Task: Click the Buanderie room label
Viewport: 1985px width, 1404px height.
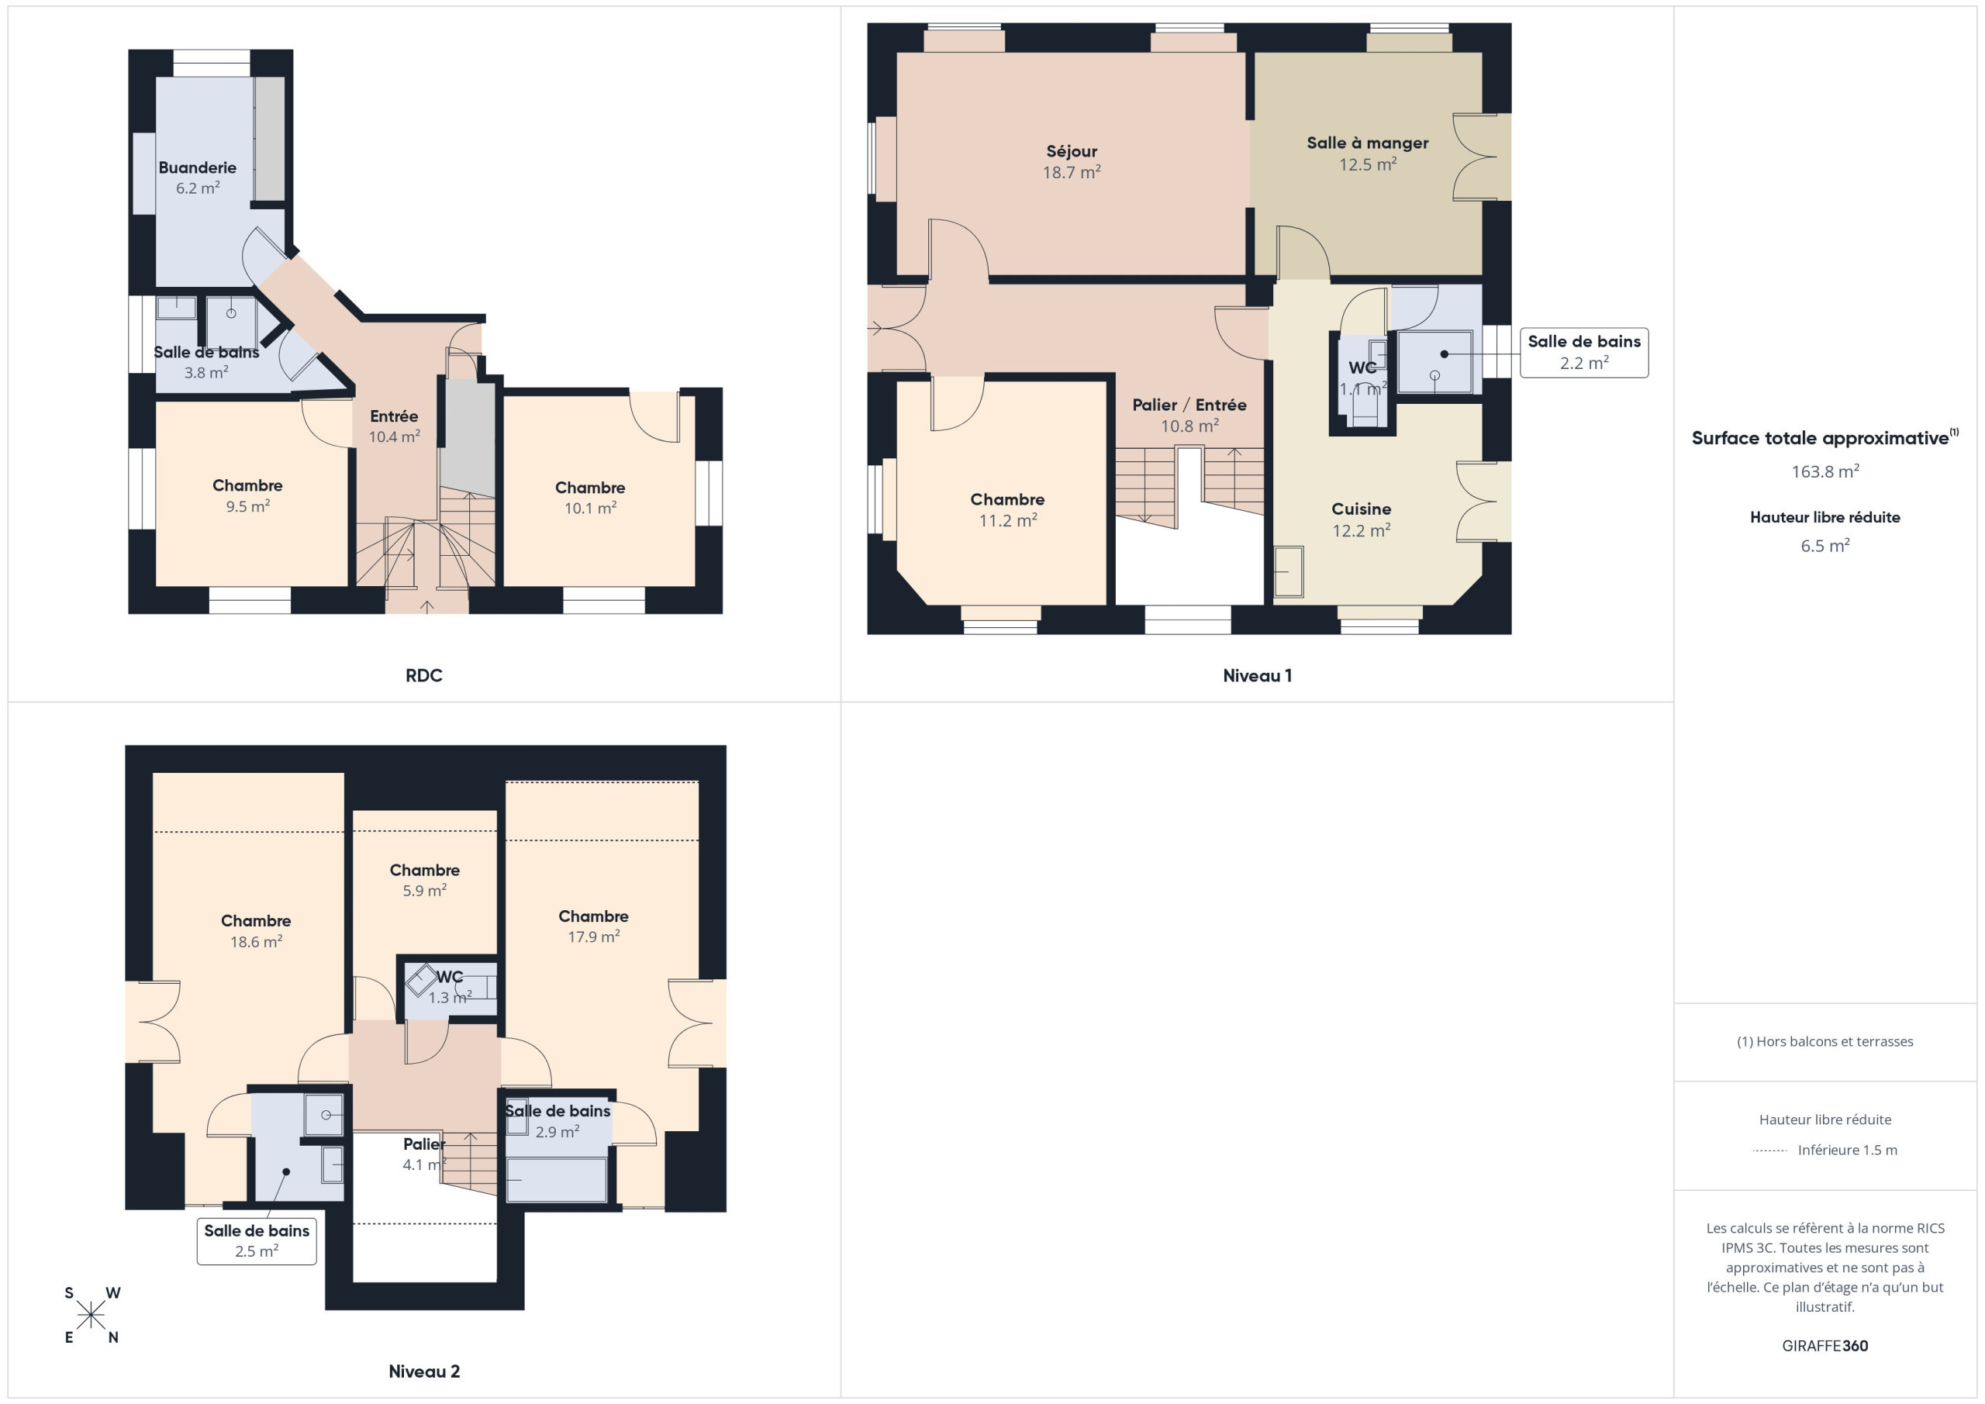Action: point(197,178)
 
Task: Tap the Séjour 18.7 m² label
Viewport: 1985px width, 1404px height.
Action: point(1071,162)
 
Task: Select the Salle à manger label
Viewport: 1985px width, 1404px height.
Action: point(1367,153)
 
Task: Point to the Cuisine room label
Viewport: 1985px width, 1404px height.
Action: point(1361,519)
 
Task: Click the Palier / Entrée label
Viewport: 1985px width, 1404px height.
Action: point(1189,415)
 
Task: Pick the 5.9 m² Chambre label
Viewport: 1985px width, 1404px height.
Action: point(424,880)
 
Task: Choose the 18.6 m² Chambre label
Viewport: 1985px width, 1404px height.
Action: point(256,931)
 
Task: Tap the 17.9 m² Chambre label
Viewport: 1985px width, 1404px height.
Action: point(593,926)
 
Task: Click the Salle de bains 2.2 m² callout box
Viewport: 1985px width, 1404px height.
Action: point(1584,352)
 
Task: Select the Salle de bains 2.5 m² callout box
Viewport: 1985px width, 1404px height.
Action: point(257,1240)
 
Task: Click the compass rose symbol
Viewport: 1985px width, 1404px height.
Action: point(91,1316)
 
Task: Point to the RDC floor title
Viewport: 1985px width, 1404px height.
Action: point(423,675)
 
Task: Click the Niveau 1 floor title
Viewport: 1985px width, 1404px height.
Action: point(1257,675)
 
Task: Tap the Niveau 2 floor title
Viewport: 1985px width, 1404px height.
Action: point(423,1371)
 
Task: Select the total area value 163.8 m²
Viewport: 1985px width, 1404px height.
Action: point(1825,471)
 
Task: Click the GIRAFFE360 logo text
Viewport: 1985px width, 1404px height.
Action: point(1825,1345)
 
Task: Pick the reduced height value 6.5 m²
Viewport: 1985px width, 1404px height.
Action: point(1825,546)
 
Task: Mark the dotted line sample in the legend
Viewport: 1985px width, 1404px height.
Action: point(1769,1150)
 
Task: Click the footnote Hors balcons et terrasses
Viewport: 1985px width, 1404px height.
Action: point(1825,1042)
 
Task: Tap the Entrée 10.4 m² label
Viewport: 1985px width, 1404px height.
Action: point(394,426)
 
